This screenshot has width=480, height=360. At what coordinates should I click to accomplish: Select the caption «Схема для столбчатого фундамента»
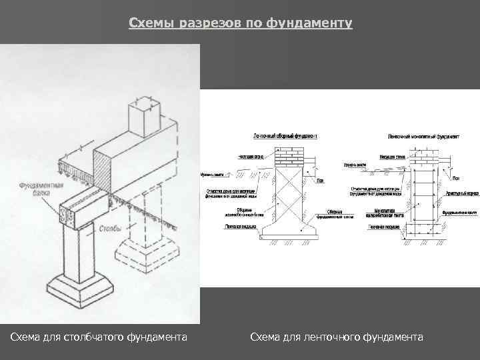[99, 338]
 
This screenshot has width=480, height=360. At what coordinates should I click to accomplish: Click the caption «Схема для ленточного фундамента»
[337, 338]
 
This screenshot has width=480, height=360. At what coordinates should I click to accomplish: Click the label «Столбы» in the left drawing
[109, 229]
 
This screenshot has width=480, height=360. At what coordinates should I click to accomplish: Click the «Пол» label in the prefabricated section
[321, 179]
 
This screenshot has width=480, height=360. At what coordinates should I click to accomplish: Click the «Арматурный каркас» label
[463, 193]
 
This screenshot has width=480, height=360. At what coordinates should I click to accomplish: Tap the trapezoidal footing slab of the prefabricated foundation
[291, 230]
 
